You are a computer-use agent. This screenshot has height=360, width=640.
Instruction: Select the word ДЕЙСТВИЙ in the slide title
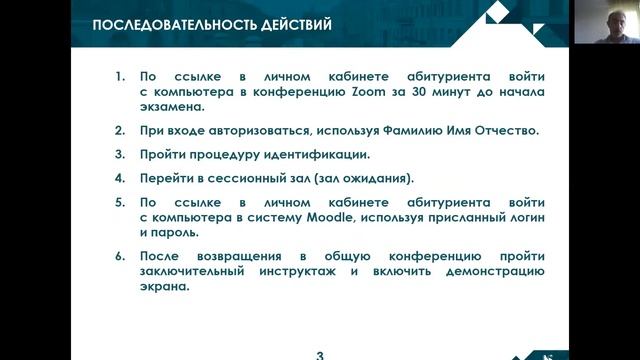[x=290, y=24]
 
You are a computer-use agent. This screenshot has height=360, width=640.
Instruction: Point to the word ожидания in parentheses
[x=375, y=179]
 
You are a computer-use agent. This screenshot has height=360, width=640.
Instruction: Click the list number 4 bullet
[x=119, y=179]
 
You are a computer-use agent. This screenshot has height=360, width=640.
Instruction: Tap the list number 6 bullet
[x=119, y=256]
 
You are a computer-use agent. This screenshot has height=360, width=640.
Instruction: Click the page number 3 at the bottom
[x=320, y=353]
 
